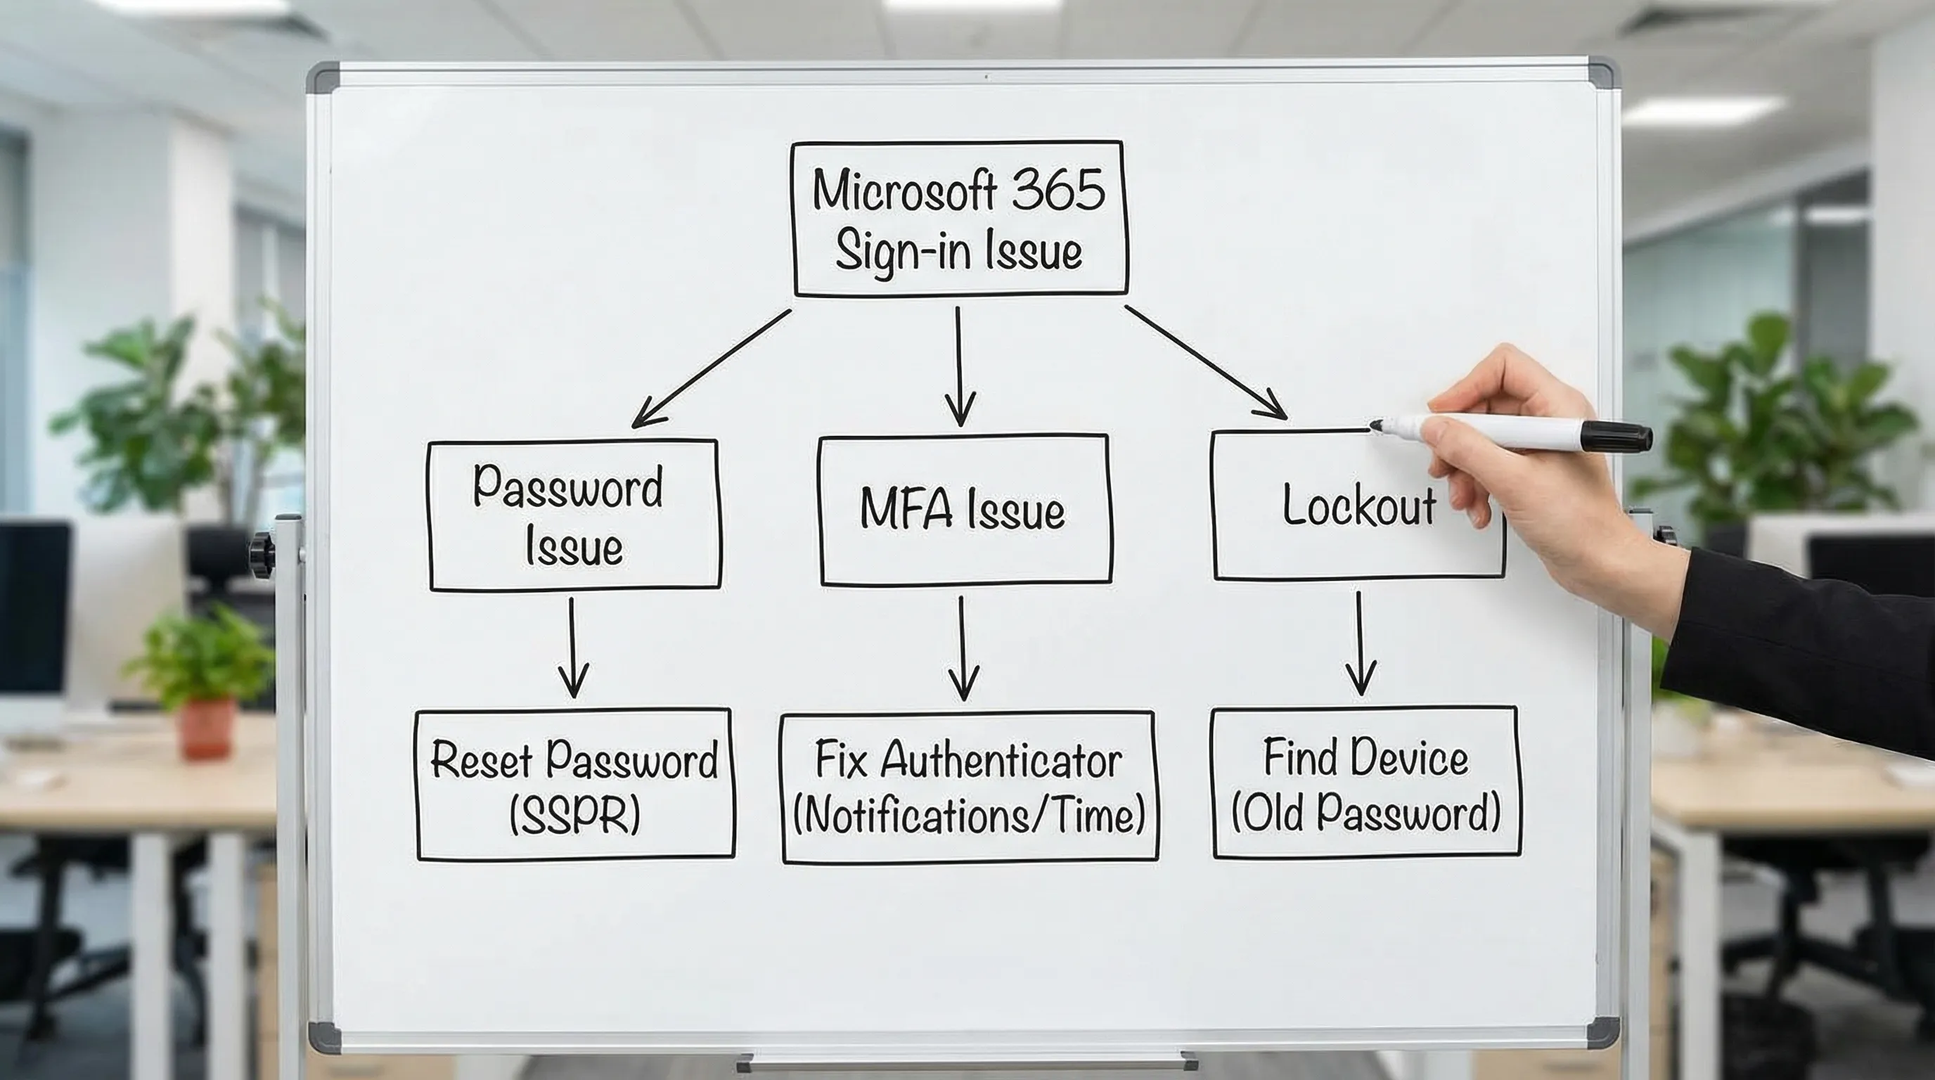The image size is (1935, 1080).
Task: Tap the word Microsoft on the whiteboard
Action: point(905,191)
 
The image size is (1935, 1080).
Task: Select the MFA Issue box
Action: point(965,510)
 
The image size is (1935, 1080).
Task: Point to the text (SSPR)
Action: point(574,815)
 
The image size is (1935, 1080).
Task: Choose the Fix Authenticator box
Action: point(969,787)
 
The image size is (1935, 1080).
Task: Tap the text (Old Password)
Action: point(1365,814)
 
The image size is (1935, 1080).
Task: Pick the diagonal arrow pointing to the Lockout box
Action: point(1205,362)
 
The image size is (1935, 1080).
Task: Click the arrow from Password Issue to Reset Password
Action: point(572,646)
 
